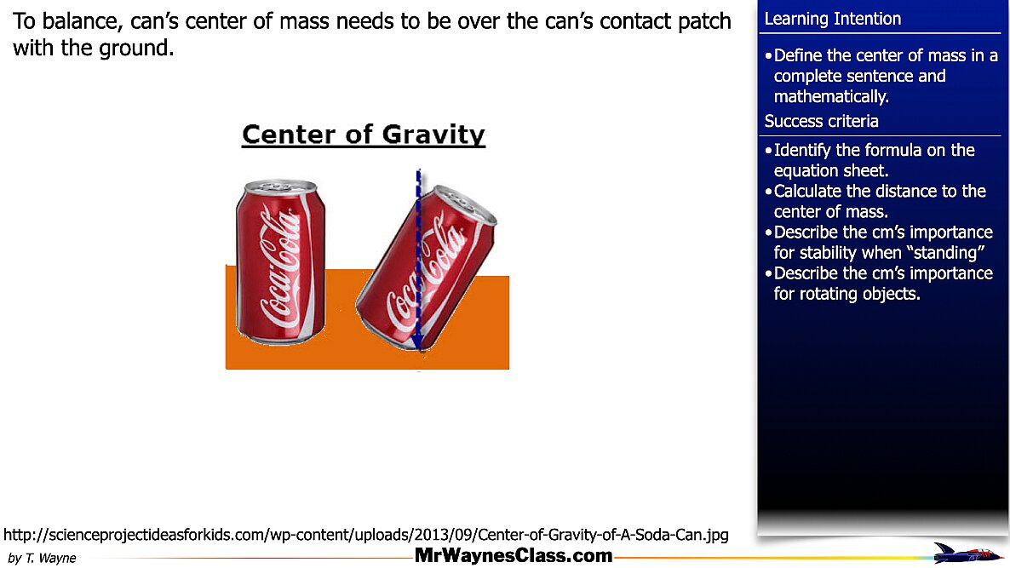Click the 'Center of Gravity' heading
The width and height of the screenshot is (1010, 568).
click(364, 135)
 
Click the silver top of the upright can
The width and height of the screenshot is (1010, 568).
click(278, 186)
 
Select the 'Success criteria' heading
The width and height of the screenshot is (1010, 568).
click(822, 121)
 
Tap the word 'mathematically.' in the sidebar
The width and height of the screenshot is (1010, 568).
click(831, 96)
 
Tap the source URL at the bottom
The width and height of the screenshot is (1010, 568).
click(366, 535)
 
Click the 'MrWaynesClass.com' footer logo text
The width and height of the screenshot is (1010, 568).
click(514, 556)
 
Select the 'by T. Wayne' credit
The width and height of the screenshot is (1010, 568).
click(42, 559)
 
